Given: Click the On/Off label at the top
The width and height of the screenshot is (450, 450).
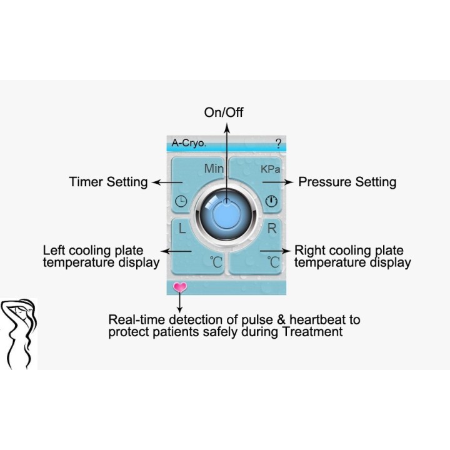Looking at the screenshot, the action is point(224,112).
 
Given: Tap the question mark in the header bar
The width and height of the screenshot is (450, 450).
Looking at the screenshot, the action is point(278,143).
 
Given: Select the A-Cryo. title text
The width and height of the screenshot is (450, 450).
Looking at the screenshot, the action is point(189,142).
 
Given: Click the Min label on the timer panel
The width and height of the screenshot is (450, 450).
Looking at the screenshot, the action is point(214,169).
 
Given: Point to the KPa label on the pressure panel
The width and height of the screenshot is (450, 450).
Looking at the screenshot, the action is point(270,169).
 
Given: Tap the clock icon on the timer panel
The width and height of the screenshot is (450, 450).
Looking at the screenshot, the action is point(181,201).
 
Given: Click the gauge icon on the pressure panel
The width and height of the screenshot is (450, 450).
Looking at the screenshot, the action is point(271,201).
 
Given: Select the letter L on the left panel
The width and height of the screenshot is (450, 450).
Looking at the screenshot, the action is point(182,229).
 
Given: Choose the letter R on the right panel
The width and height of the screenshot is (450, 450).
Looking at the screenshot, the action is point(272,229).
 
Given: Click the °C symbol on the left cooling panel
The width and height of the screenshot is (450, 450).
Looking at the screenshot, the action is point(216,262).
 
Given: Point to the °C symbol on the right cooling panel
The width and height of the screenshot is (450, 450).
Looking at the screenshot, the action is point(274,262).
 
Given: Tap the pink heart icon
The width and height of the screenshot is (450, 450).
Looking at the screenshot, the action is point(180,287).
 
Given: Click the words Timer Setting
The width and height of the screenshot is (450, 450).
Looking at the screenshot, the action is point(109,182).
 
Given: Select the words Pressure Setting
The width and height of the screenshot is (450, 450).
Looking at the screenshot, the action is point(347,182).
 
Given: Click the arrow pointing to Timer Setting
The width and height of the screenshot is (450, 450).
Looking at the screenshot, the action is point(167,182).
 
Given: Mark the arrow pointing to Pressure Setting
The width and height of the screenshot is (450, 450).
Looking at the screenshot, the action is point(277,182).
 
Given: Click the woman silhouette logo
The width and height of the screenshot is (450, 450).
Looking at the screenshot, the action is point(19,334).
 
